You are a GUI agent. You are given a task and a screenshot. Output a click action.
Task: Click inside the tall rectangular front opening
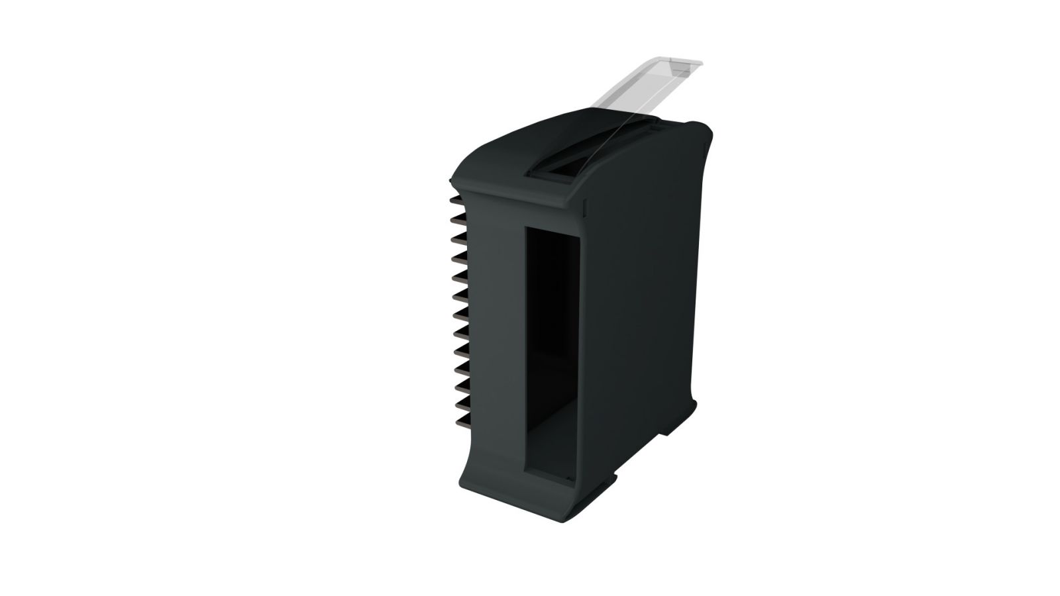[x=553, y=344]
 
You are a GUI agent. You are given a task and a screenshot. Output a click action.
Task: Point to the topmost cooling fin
[x=457, y=199]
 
